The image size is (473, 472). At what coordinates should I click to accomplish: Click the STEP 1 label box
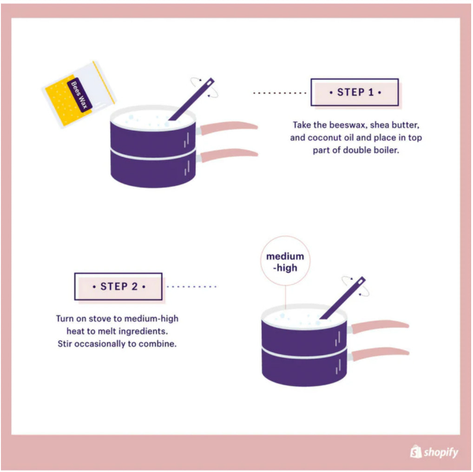(x=354, y=92)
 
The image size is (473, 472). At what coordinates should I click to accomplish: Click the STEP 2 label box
(x=118, y=286)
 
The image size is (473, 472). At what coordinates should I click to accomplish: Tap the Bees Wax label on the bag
(x=79, y=95)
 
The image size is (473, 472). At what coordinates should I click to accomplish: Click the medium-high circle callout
(x=285, y=262)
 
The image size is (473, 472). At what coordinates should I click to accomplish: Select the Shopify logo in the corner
(x=434, y=452)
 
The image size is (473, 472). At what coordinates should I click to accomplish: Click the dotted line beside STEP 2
(x=191, y=287)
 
